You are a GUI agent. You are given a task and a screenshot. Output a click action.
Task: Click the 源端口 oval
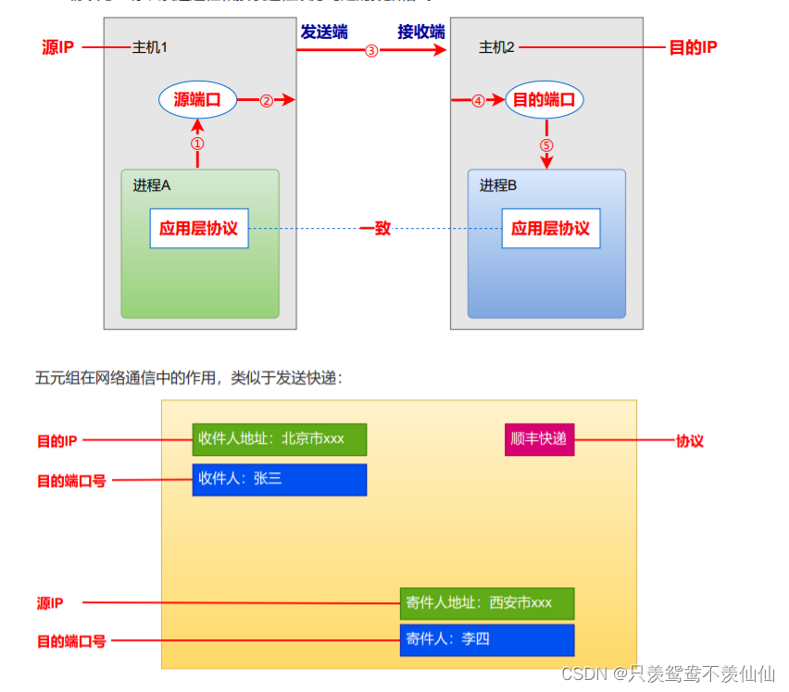pyautogui.click(x=197, y=100)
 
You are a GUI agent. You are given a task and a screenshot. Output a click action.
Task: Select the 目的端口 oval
pyautogui.click(x=545, y=100)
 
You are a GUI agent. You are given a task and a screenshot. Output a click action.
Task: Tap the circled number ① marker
pyautogui.click(x=197, y=144)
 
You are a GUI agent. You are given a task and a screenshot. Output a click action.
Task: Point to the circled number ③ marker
pyautogui.click(x=371, y=51)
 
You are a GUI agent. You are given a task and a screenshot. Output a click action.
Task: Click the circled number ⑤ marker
pyautogui.click(x=546, y=145)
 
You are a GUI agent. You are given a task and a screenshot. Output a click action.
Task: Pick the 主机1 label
pyautogui.click(x=149, y=47)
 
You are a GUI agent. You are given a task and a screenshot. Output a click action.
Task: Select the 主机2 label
pyautogui.click(x=496, y=47)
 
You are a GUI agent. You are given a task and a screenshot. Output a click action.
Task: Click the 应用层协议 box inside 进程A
pyautogui.click(x=199, y=228)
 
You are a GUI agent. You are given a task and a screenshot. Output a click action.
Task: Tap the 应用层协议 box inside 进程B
pyautogui.click(x=550, y=228)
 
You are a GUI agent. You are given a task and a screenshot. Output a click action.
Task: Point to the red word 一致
pyautogui.click(x=375, y=228)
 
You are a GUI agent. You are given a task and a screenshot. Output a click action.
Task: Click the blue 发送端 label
pyautogui.click(x=324, y=31)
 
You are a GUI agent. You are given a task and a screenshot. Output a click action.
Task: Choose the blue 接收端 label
pyautogui.click(x=421, y=31)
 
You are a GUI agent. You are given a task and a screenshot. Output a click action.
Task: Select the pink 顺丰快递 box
pyautogui.click(x=540, y=439)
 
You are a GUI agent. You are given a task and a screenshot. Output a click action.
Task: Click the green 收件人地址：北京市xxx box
pyautogui.click(x=279, y=439)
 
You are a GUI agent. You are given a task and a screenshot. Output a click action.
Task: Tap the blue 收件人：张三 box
pyautogui.click(x=279, y=480)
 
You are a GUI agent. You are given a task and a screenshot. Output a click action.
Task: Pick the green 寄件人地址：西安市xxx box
pyautogui.click(x=486, y=603)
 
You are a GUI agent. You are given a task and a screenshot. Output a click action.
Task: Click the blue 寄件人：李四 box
pyautogui.click(x=486, y=639)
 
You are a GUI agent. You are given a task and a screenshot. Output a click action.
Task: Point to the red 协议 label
pyautogui.click(x=690, y=441)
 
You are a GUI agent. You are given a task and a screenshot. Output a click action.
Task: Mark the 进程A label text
pyautogui.click(x=152, y=185)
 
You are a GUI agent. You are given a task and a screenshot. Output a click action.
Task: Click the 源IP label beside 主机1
pyautogui.click(x=58, y=47)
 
